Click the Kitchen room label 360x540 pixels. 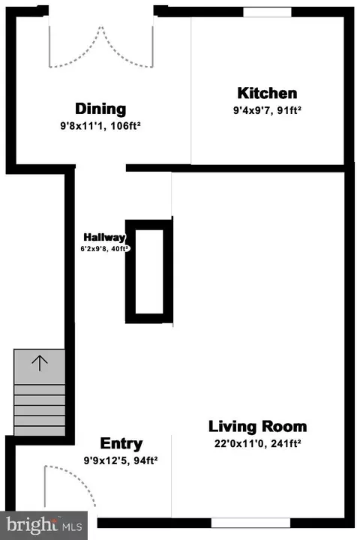(x=267, y=93)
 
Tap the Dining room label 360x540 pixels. (x=100, y=109)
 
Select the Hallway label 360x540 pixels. (x=104, y=237)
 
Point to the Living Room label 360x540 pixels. (x=258, y=426)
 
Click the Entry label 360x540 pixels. (x=121, y=444)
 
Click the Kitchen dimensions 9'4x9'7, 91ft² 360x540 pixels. (x=267, y=110)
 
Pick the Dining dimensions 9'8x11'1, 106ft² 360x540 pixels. (x=100, y=126)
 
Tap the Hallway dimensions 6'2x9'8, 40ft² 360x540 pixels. (x=105, y=249)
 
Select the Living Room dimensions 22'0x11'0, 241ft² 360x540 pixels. (x=258, y=443)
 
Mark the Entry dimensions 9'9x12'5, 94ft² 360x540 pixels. (x=121, y=460)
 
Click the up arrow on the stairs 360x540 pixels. (x=40, y=363)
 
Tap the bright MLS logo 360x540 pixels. (x=43, y=526)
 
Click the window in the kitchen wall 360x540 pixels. (x=267, y=12)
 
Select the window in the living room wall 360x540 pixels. (x=250, y=523)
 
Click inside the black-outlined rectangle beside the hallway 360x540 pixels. (x=149, y=271)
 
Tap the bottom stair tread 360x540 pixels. (x=40, y=430)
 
